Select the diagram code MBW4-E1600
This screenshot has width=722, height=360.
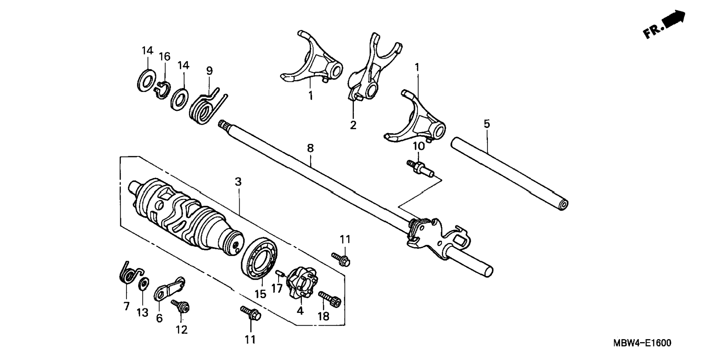coord(641,343)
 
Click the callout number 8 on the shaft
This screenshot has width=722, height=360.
coord(310,148)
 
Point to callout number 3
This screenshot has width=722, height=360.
coord(238,182)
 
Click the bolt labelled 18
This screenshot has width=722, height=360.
coord(330,299)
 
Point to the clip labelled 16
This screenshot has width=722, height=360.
coord(162,90)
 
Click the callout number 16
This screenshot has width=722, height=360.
coord(164,56)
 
